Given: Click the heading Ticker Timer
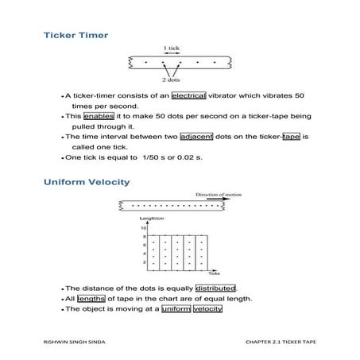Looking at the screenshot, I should pyautogui.click(x=75, y=36).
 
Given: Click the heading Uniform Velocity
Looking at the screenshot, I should pyautogui.click(x=86, y=182).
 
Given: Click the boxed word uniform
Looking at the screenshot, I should pyautogui.click(x=176, y=309).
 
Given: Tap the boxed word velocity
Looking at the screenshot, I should pyautogui.click(x=208, y=309).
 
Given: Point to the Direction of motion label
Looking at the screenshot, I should pyautogui.click(x=222, y=194).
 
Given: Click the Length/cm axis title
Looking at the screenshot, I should pyautogui.click(x=152, y=218).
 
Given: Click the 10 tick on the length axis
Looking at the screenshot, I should pyautogui.click(x=144, y=227).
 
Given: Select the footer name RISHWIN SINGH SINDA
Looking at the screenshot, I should pyautogui.click(x=74, y=340).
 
